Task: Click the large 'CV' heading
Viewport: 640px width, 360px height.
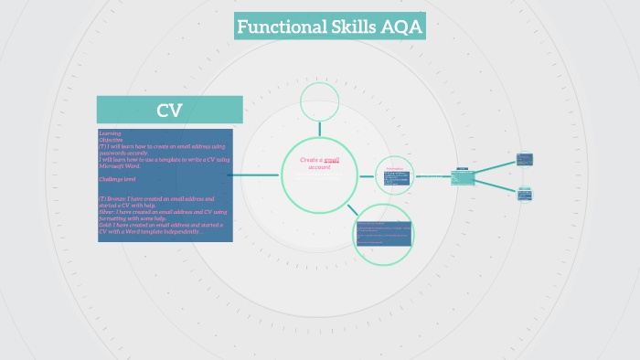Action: (x=169, y=111)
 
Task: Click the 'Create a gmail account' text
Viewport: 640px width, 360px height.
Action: (x=319, y=163)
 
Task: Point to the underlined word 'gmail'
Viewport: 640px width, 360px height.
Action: (x=331, y=159)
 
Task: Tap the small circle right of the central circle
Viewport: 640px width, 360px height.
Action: (x=395, y=175)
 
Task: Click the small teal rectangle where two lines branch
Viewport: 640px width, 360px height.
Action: (x=463, y=177)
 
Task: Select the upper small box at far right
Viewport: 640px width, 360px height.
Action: (x=525, y=159)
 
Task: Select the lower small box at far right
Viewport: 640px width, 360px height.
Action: (x=525, y=194)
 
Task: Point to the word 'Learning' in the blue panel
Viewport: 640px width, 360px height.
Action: (x=110, y=133)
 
